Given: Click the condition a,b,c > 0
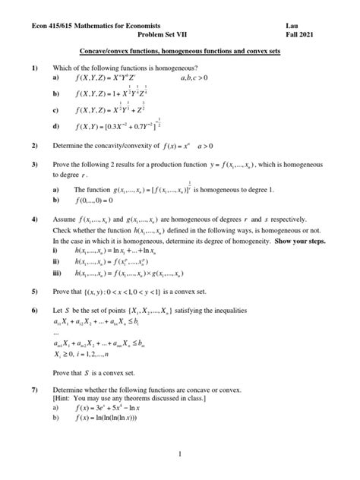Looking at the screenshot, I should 207,78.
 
